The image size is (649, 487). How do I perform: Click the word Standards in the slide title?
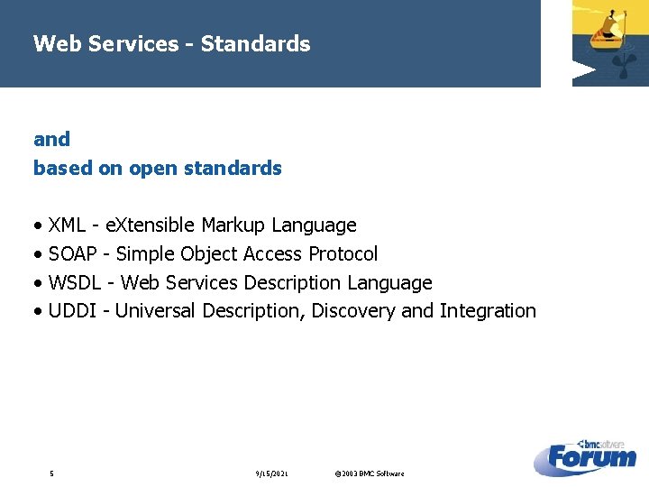pyautogui.click(x=255, y=43)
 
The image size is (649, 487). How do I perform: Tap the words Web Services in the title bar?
pyautogui.click(x=105, y=43)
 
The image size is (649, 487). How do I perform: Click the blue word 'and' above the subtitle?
pyautogui.click(x=51, y=139)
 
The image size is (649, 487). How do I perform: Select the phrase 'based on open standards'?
pyautogui.click(x=157, y=168)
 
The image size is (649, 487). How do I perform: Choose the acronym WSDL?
pyautogui.click(x=76, y=282)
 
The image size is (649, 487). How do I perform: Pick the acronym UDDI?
pyautogui.click(x=72, y=311)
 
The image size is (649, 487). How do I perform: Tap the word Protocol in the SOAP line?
pyautogui.click(x=343, y=253)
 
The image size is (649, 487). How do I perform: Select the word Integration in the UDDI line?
pyautogui.click(x=487, y=311)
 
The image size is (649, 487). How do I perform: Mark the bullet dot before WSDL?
pyautogui.click(x=37, y=283)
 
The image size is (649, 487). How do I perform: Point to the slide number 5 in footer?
pyautogui.click(x=51, y=473)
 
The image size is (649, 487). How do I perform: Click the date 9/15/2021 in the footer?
pyautogui.click(x=272, y=473)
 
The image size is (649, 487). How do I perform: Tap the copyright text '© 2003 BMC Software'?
pyautogui.click(x=369, y=473)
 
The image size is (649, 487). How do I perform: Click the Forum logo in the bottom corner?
pyautogui.click(x=590, y=457)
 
